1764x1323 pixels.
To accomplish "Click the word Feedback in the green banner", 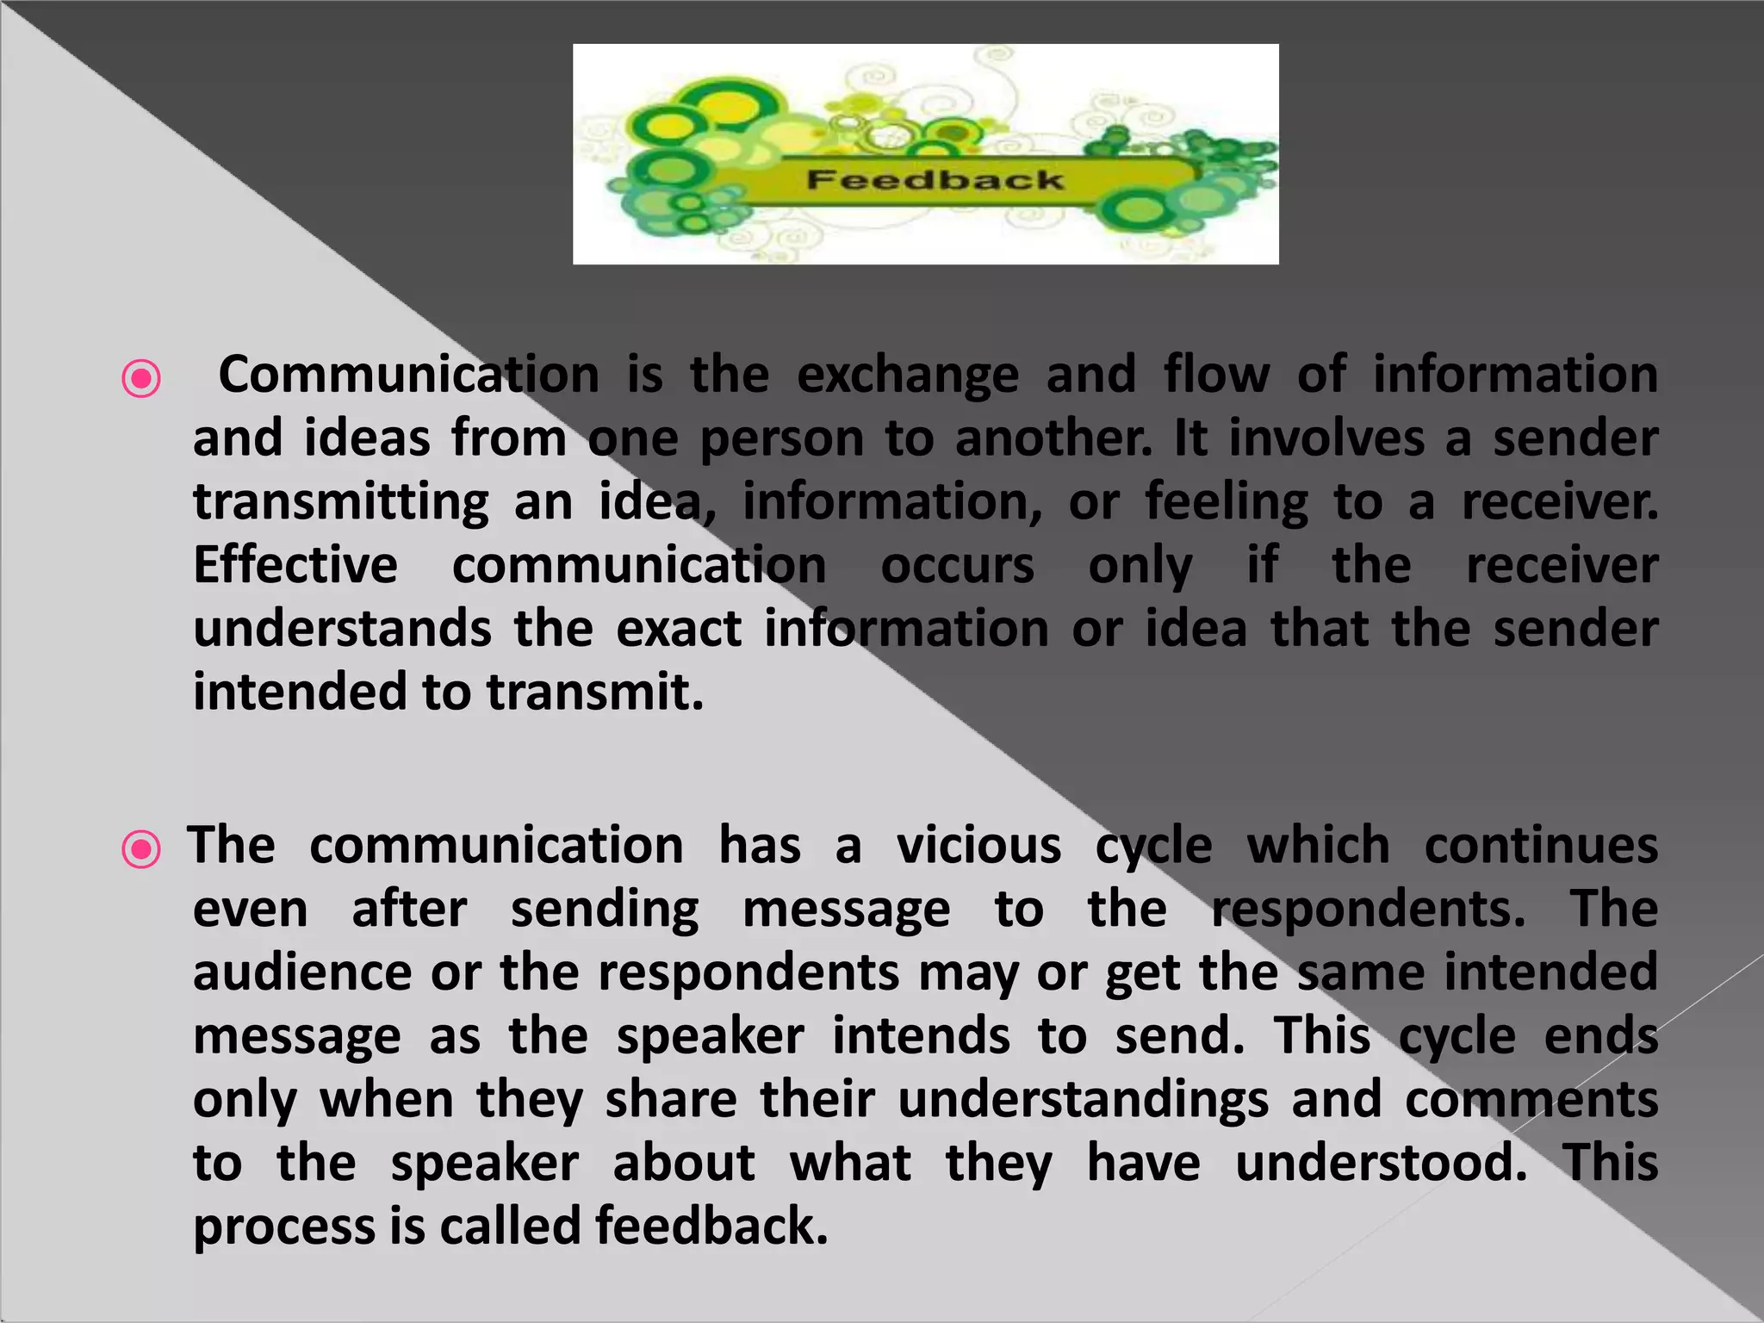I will tap(935, 180).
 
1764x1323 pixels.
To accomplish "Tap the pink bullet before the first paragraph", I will tap(141, 378).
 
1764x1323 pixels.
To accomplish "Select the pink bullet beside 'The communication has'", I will tap(141, 849).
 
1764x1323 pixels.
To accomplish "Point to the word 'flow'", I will tap(1216, 375).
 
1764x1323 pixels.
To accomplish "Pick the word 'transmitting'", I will tap(341, 503).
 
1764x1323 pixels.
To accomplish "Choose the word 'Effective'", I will tap(295, 566).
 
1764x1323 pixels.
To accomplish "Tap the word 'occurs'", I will tap(957, 567).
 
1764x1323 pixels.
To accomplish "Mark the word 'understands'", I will tap(342, 629).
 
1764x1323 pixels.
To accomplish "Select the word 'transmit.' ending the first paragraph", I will tap(595, 693).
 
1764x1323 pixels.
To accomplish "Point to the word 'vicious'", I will tap(978, 845).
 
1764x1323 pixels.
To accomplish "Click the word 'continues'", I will tap(1541, 845).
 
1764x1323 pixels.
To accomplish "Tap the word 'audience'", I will tap(302, 972).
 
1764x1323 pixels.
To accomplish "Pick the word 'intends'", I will tap(921, 1035).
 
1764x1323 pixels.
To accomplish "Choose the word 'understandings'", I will tap(1083, 1101).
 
